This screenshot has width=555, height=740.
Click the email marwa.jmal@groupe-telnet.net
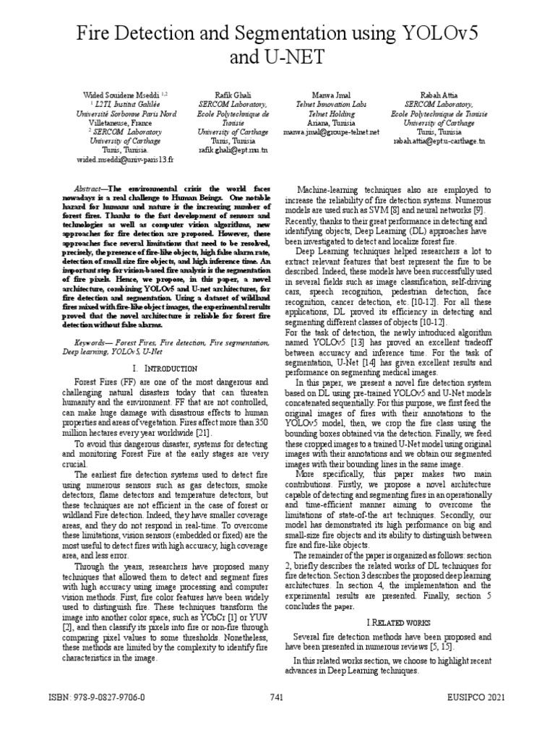[x=331, y=132]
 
